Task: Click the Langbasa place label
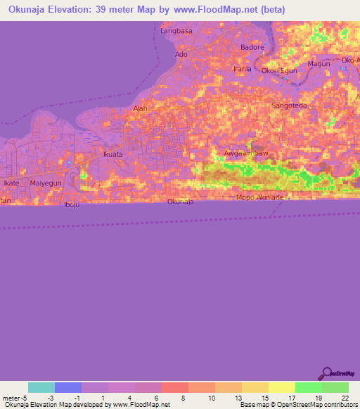point(176,31)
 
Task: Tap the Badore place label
point(252,47)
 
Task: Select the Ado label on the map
point(181,54)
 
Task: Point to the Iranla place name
point(242,69)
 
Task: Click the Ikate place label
point(11,183)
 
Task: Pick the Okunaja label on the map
point(181,202)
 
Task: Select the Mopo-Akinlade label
point(260,197)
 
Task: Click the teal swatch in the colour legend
point(41,387)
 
